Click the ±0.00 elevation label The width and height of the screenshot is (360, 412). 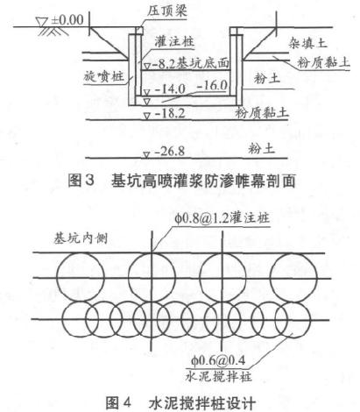(67, 20)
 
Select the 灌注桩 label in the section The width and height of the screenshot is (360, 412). (174, 41)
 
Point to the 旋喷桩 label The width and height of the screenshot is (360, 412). (103, 77)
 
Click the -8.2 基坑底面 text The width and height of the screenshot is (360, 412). (190, 63)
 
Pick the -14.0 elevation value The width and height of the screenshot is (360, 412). (170, 89)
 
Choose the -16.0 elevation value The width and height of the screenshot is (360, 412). (212, 86)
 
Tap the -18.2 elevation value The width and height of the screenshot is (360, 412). (170, 113)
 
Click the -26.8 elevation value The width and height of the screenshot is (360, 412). (170, 152)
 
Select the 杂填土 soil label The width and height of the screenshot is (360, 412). (307, 43)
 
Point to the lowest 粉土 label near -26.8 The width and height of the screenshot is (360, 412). (262, 148)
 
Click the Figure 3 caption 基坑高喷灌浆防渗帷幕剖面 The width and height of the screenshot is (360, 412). (203, 181)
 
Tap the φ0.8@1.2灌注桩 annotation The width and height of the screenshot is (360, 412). (222, 217)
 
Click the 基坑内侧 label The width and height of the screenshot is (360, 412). (81, 238)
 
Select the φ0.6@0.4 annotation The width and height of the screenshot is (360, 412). (218, 360)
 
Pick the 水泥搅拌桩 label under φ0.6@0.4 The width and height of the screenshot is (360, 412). (218, 376)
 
